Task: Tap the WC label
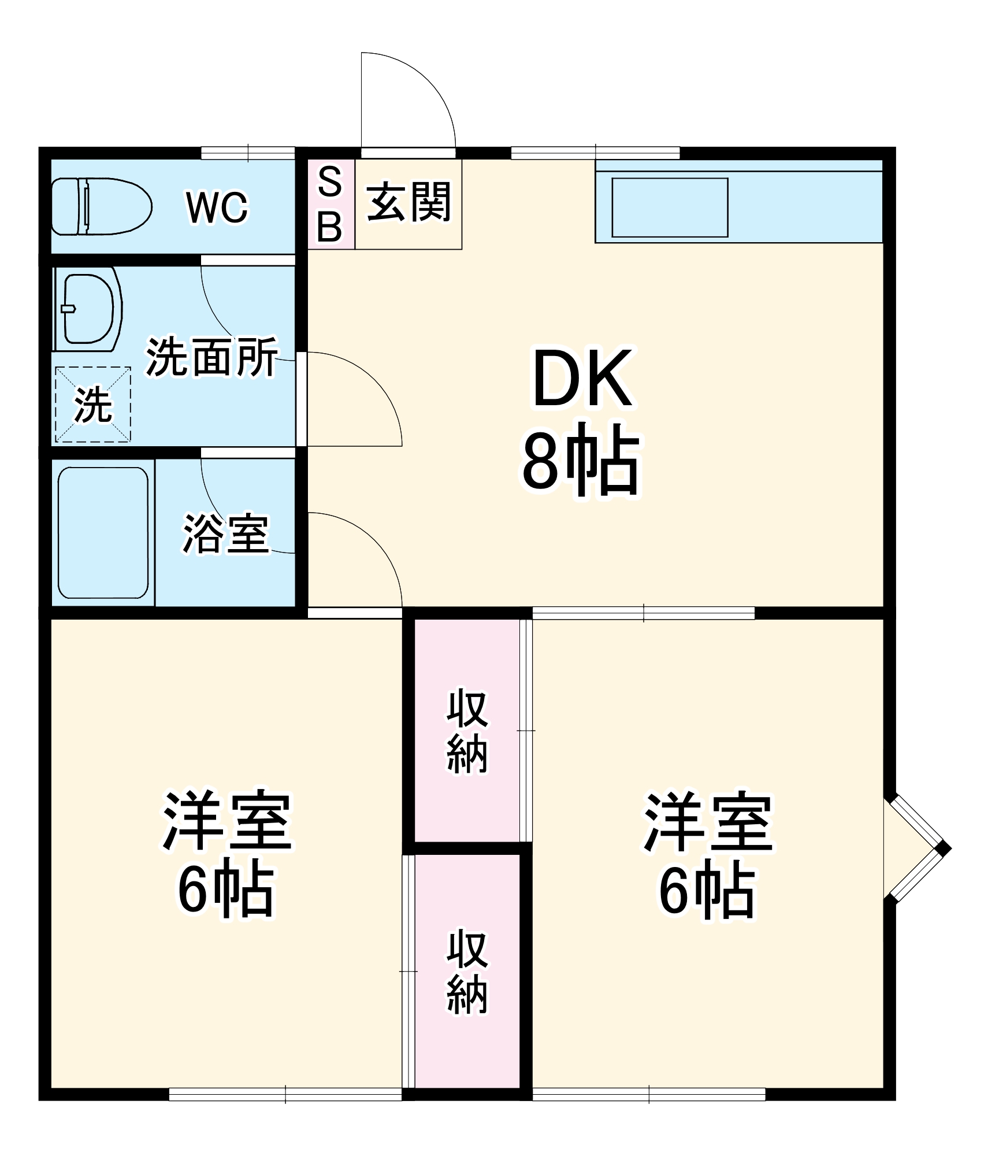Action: coord(217,207)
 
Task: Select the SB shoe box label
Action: coord(330,204)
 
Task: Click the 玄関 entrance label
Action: coord(408,202)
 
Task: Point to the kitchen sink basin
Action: coord(669,208)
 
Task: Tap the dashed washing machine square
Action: coord(92,405)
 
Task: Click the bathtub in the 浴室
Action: coord(103,532)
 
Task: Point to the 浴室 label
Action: coord(226,533)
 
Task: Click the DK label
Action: coord(582,379)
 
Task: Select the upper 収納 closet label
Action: coord(467,731)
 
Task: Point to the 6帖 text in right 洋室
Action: coord(707,893)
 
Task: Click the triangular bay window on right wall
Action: coord(916,848)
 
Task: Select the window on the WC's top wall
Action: coord(248,153)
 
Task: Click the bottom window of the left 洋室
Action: coord(285,1094)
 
